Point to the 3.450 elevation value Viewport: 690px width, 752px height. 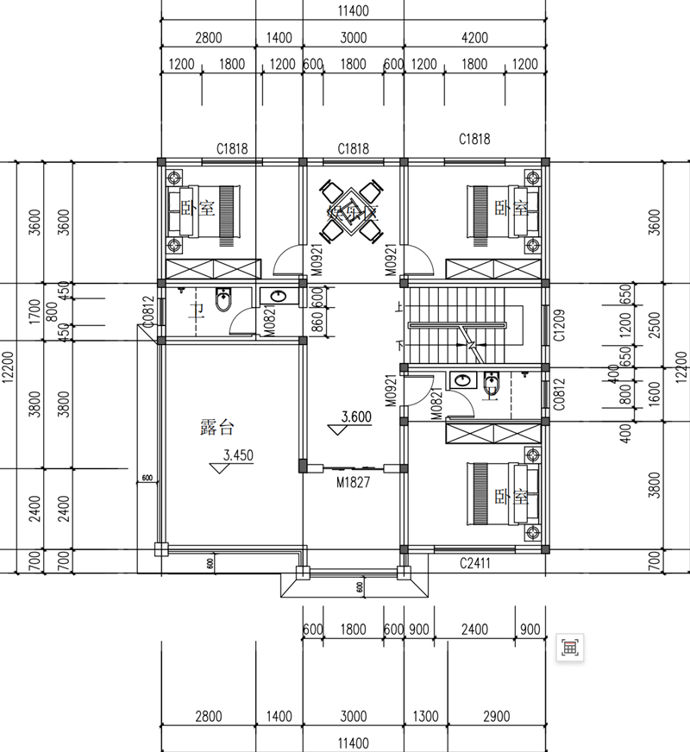(238, 456)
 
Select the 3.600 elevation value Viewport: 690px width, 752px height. (355, 417)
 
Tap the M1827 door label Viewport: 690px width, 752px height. (353, 482)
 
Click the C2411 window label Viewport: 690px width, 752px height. (474, 563)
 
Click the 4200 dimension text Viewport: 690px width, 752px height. (474, 37)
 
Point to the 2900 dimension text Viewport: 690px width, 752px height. (497, 716)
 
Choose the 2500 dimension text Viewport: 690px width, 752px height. (655, 325)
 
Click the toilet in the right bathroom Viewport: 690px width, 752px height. (492, 383)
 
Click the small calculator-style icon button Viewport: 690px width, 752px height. (570, 647)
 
